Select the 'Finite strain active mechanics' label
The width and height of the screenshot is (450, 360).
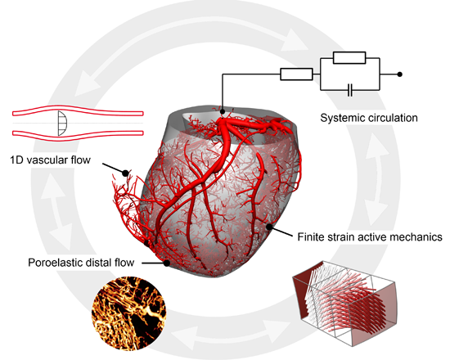(369, 236)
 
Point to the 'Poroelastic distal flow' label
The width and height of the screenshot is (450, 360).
(83, 263)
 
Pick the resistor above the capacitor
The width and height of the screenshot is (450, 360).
(350, 58)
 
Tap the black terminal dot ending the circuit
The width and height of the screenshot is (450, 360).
(399, 74)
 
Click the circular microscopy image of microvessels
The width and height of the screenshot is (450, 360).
(131, 310)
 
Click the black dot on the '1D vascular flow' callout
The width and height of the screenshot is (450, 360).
(125, 173)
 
